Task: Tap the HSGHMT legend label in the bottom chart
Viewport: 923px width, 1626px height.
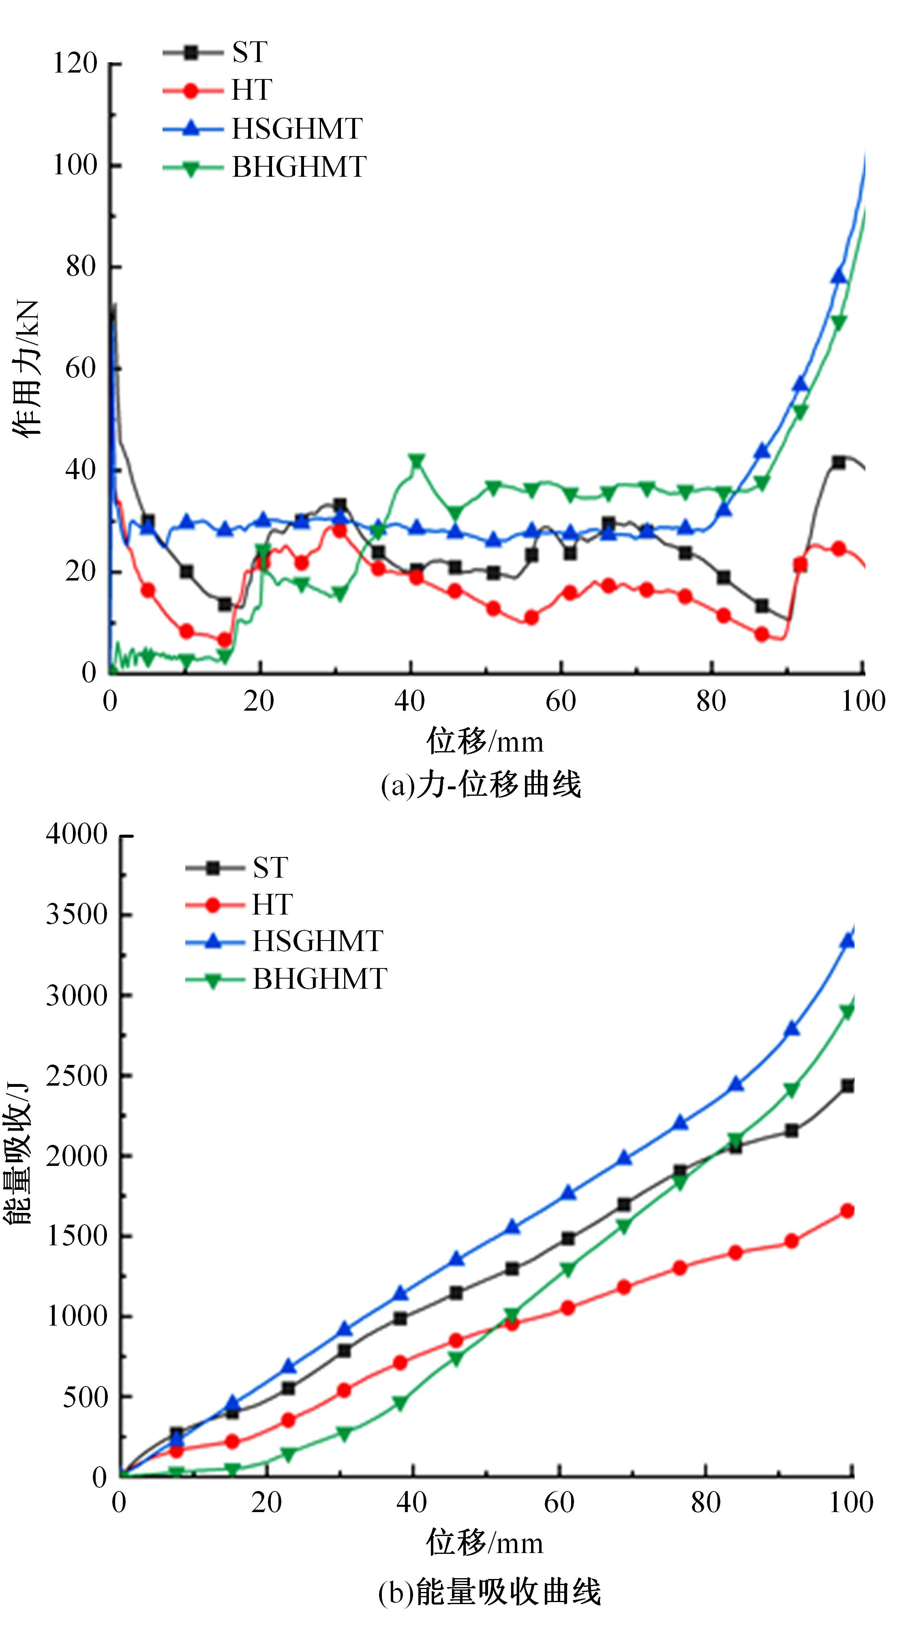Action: click(x=317, y=941)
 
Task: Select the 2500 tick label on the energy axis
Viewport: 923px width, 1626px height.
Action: click(x=77, y=1076)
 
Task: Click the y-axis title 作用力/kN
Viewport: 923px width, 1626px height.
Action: click(x=27, y=368)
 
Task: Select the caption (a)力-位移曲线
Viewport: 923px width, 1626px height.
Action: click(x=480, y=785)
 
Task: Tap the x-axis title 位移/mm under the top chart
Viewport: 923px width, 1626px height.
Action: click(x=485, y=741)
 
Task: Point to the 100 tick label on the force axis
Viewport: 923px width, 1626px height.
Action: click(x=75, y=165)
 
